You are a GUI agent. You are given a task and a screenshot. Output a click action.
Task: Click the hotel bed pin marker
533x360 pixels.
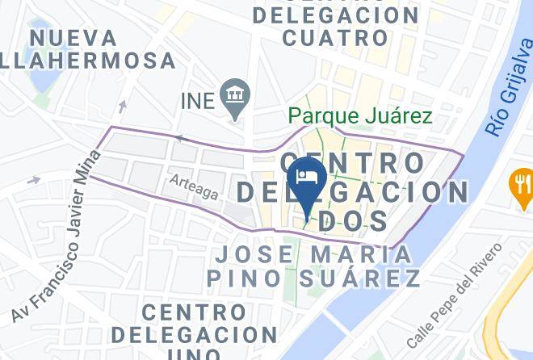tap(306, 178)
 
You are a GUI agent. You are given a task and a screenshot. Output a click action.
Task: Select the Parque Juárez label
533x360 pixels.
tap(361, 116)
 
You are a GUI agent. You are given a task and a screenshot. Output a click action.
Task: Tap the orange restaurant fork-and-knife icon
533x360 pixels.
tap(522, 185)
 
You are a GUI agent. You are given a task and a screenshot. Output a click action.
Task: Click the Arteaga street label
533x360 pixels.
tap(194, 188)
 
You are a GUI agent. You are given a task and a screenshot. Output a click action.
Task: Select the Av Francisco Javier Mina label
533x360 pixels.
tap(56, 235)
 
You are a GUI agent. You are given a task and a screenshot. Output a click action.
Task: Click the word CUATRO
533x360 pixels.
tap(335, 37)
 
